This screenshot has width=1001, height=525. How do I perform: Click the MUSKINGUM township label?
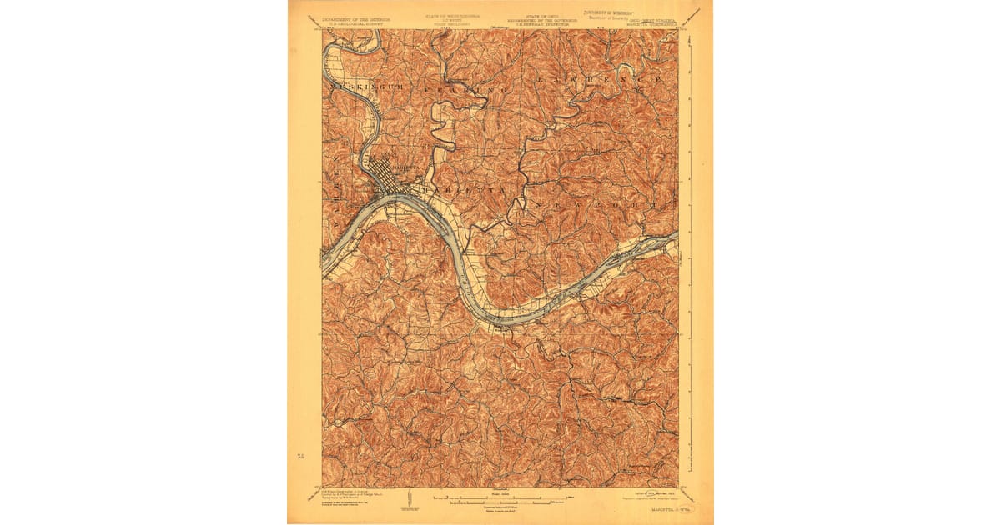(x=362, y=86)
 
